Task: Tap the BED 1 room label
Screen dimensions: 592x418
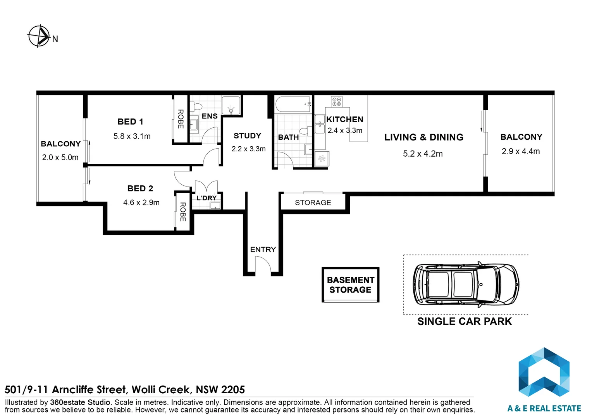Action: (130, 122)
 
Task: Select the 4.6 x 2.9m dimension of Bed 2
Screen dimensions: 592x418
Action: (141, 202)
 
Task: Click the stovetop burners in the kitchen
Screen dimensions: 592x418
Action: (337, 101)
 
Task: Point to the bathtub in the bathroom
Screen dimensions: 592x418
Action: (293, 104)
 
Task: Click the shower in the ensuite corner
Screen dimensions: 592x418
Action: (231, 105)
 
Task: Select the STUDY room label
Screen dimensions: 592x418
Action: (247, 136)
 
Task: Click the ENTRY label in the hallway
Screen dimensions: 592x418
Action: (263, 250)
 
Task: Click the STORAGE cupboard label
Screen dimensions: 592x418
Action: (313, 202)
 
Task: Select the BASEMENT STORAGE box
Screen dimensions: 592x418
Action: (351, 284)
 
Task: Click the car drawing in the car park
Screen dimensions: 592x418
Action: (466, 284)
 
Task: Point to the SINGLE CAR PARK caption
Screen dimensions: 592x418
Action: (465, 321)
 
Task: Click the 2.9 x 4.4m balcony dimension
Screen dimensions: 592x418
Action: (521, 151)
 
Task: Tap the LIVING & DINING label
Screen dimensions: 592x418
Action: (424, 137)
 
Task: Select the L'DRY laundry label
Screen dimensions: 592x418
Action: (207, 198)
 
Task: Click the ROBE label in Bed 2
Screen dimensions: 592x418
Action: (183, 212)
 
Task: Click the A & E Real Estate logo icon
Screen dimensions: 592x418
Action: (544, 372)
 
